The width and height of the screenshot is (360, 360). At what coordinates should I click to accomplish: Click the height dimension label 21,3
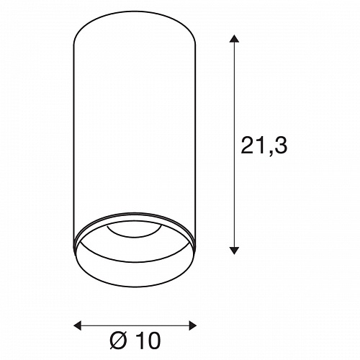[264, 145]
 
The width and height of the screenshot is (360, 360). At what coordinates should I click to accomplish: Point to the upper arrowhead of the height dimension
[234, 39]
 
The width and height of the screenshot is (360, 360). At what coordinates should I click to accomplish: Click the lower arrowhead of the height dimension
[234, 251]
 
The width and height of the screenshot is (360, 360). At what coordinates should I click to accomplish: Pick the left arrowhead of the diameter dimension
[77, 325]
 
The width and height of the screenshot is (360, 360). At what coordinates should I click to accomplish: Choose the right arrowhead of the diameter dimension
[193, 325]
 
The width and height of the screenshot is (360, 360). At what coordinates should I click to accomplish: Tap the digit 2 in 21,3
[248, 145]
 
